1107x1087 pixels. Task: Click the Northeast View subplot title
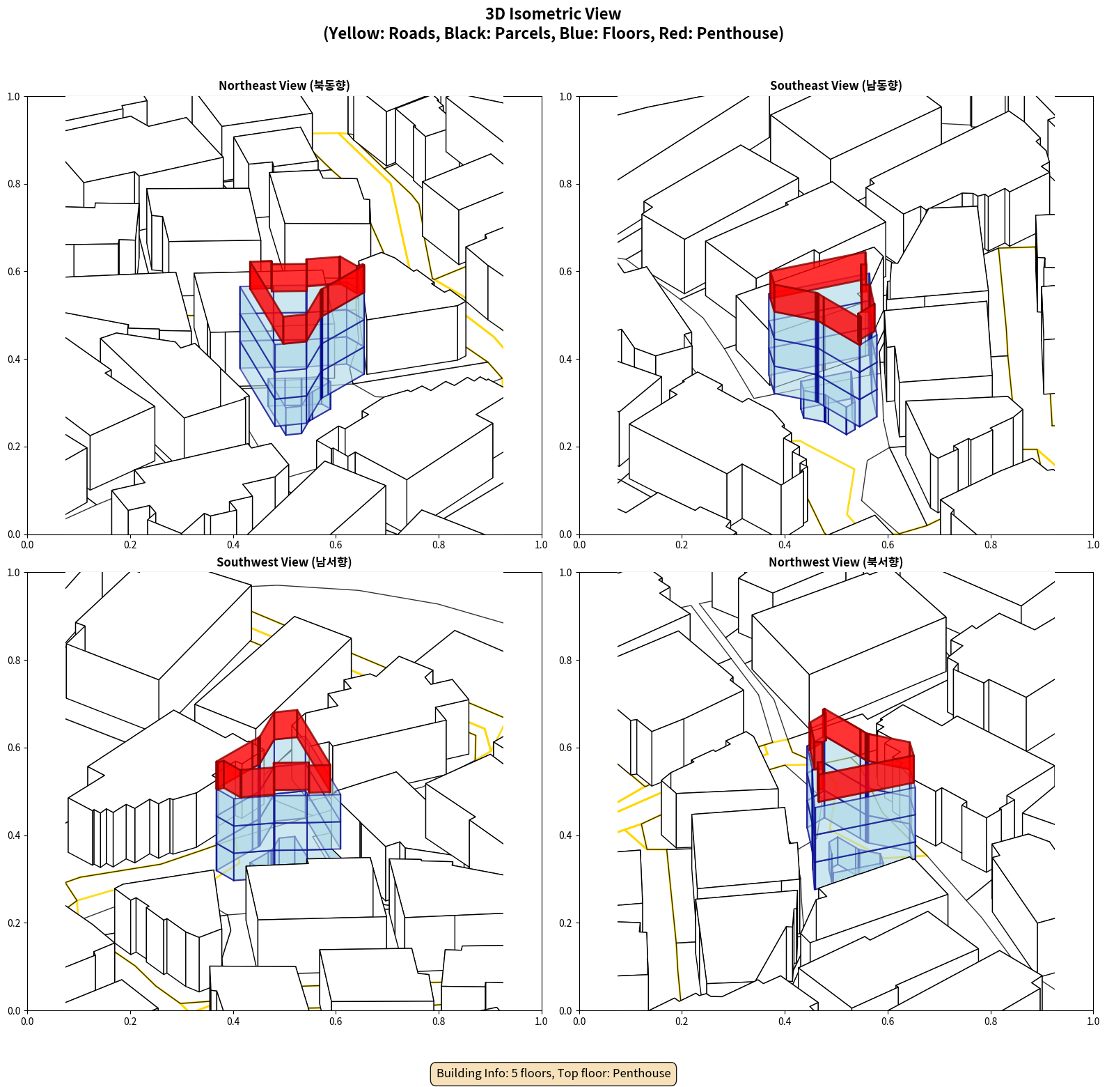click(x=284, y=85)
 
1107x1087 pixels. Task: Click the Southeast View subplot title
click(x=835, y=85)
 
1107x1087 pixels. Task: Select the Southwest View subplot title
click(x=284, y=562)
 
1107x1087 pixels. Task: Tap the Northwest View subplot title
click(x=835, y=562)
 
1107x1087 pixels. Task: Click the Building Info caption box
click(x=553, y=1073)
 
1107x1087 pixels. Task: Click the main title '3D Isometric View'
click(x=553, y=14)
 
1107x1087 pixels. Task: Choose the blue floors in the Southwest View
click(x=278, y=829)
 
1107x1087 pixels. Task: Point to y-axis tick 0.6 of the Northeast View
click(x=14, y=272)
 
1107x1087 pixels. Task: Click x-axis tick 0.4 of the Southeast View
click(x=785, y=545)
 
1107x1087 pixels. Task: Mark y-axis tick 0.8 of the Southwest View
click(x=14, y=660)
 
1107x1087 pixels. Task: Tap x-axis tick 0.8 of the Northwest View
click(x=991, y=1022)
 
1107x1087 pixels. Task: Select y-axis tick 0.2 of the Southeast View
click(x=565, y=447)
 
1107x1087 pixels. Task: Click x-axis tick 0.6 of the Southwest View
click(x=336, y=1022)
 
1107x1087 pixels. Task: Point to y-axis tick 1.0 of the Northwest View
click(x=565, y=573)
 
